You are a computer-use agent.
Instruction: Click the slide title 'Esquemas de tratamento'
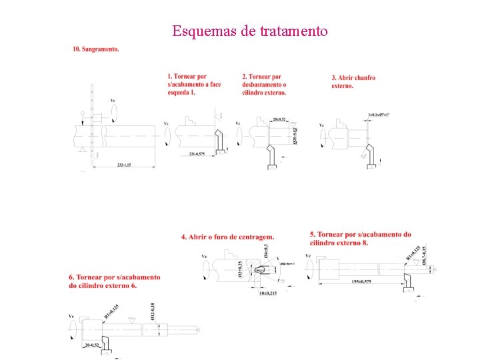tap(249, 31)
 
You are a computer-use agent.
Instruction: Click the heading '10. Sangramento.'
tap(96, 49)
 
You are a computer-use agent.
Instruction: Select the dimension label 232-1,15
tap(125, 164)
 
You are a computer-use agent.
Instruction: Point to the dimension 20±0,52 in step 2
tap(279, 119)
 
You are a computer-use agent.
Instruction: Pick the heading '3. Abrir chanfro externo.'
tap(353, 81)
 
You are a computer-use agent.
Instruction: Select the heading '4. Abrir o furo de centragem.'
tap(227, 237)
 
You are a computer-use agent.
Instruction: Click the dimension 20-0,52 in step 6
tap(92, 345)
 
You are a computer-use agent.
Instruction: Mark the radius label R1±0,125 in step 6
tap(111, 312)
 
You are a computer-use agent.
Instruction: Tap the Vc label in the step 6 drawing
tap(71, 316)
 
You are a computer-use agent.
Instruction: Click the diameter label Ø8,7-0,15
tap(425, 255)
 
